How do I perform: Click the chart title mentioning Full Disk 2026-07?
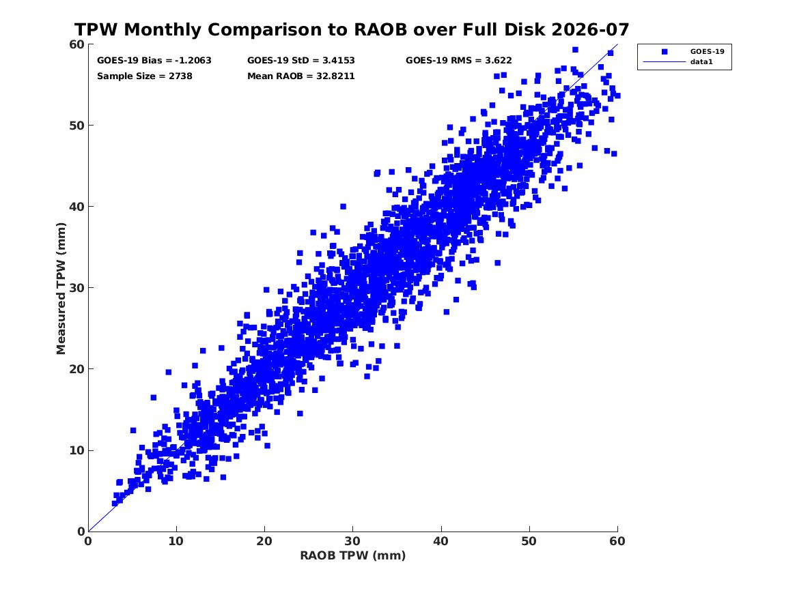352,29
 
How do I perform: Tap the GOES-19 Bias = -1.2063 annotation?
154,61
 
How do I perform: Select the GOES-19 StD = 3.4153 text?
301,61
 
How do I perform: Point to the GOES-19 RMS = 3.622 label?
458,61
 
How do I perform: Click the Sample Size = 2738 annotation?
144,76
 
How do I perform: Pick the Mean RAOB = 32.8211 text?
301,76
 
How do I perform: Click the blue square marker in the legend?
665,51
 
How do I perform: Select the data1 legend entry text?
701,62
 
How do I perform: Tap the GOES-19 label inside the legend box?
707,51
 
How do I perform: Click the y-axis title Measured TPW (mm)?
61,289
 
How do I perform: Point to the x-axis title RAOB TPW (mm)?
353,555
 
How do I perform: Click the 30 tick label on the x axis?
353,541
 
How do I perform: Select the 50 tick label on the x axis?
529,541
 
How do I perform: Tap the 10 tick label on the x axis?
176,541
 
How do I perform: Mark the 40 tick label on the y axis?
77,207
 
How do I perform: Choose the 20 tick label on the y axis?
77,369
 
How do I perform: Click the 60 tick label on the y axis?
77,44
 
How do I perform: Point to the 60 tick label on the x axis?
617,541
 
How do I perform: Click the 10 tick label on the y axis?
77,450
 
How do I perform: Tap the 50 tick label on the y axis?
77,126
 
